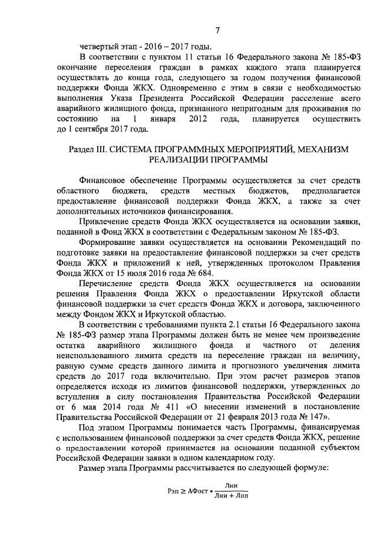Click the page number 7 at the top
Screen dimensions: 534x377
click(218, 31)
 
